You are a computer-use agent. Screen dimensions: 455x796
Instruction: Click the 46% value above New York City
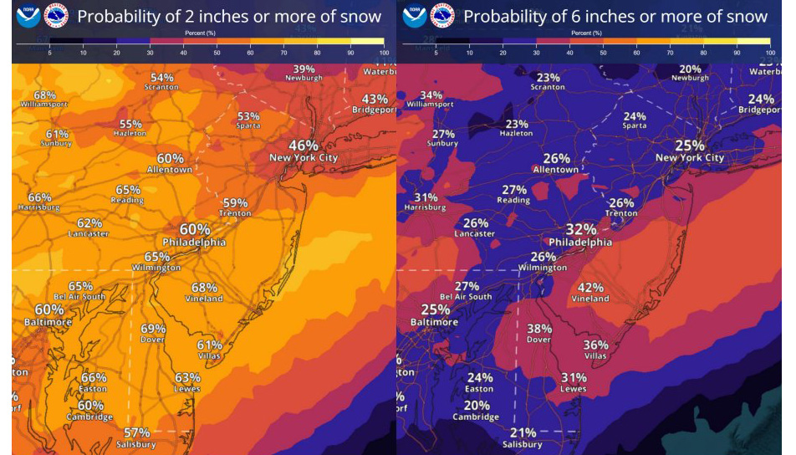tap(304, 145)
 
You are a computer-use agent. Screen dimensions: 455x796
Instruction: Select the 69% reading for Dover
tap(153, 329)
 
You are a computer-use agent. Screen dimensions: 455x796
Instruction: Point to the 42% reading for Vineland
tap(590, 287)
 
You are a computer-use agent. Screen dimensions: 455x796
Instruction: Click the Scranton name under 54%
tap(162, 87)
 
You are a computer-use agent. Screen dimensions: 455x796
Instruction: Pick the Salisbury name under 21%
tap(523, 444)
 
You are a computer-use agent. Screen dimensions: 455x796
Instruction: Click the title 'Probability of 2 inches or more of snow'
tap(228, 16)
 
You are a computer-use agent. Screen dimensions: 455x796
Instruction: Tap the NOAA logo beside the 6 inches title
tap(415, 16)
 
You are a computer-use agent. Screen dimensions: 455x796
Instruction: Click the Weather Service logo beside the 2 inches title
tap(56, 16)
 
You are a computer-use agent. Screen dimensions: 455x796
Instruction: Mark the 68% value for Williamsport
tap(45, 95)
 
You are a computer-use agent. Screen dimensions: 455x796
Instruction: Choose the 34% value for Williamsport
tap(431, 95)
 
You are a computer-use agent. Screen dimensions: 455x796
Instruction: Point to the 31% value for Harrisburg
tap(426, 197)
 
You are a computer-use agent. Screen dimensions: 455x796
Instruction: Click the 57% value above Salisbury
tap(137, 432)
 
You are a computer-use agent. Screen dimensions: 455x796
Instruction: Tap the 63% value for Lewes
tap(187, 377)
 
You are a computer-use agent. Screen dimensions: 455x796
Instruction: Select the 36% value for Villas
tap(595, 345)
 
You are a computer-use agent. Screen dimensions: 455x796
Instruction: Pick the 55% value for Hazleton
tap(130, 124)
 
